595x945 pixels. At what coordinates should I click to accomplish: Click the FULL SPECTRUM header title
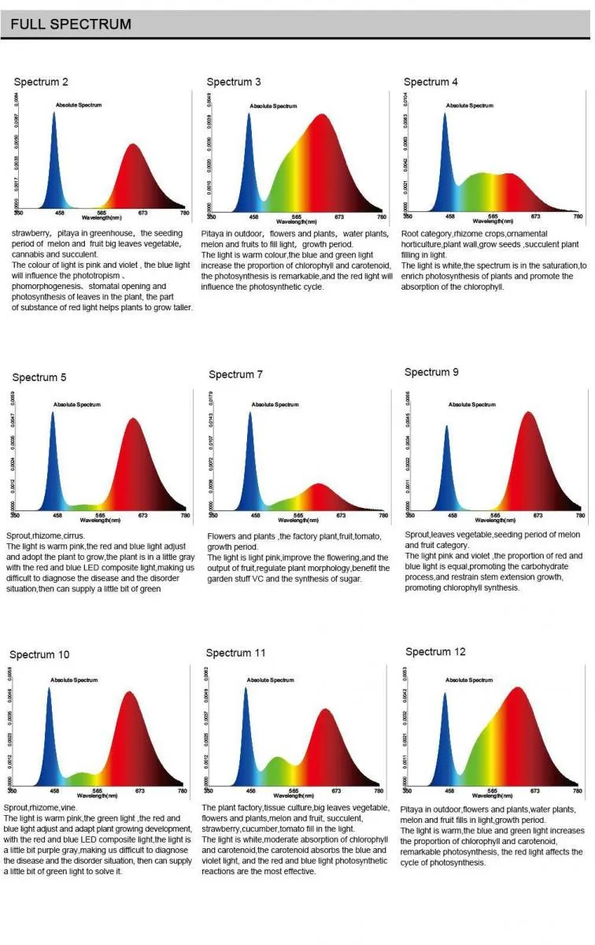[x=71, y=24]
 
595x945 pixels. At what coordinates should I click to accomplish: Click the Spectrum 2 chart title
[x=41, y=82]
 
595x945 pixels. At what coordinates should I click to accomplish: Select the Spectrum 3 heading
[x=234, y=82]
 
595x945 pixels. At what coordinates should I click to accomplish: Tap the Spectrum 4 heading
[x=431, y=82]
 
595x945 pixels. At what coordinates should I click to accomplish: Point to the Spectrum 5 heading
[x=39, y=377]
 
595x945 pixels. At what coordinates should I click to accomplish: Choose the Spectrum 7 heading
[x=235, y=374]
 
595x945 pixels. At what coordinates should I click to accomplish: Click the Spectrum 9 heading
[x=431, y=372]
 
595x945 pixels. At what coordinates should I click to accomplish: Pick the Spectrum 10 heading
[x=39, y=654]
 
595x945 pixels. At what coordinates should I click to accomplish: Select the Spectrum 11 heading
[x=236, y=653]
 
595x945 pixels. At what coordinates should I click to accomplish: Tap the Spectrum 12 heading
[x=435, y=651]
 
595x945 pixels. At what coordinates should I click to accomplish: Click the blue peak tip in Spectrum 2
[x=54, y=113]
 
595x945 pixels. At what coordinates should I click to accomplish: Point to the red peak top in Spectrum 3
[x=322, y=115]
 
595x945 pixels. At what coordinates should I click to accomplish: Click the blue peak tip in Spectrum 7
[x=250, y=413]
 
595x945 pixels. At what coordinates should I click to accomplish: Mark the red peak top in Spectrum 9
[x=529, y=412]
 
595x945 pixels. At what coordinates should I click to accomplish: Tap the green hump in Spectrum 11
[x=277, y=758]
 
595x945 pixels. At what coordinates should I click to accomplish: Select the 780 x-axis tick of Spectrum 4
[x=578, y=217]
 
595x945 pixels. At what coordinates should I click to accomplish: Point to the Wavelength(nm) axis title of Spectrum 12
[x=492, y=794]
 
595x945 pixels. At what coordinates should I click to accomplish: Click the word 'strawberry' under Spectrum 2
[x=31, y=233]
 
